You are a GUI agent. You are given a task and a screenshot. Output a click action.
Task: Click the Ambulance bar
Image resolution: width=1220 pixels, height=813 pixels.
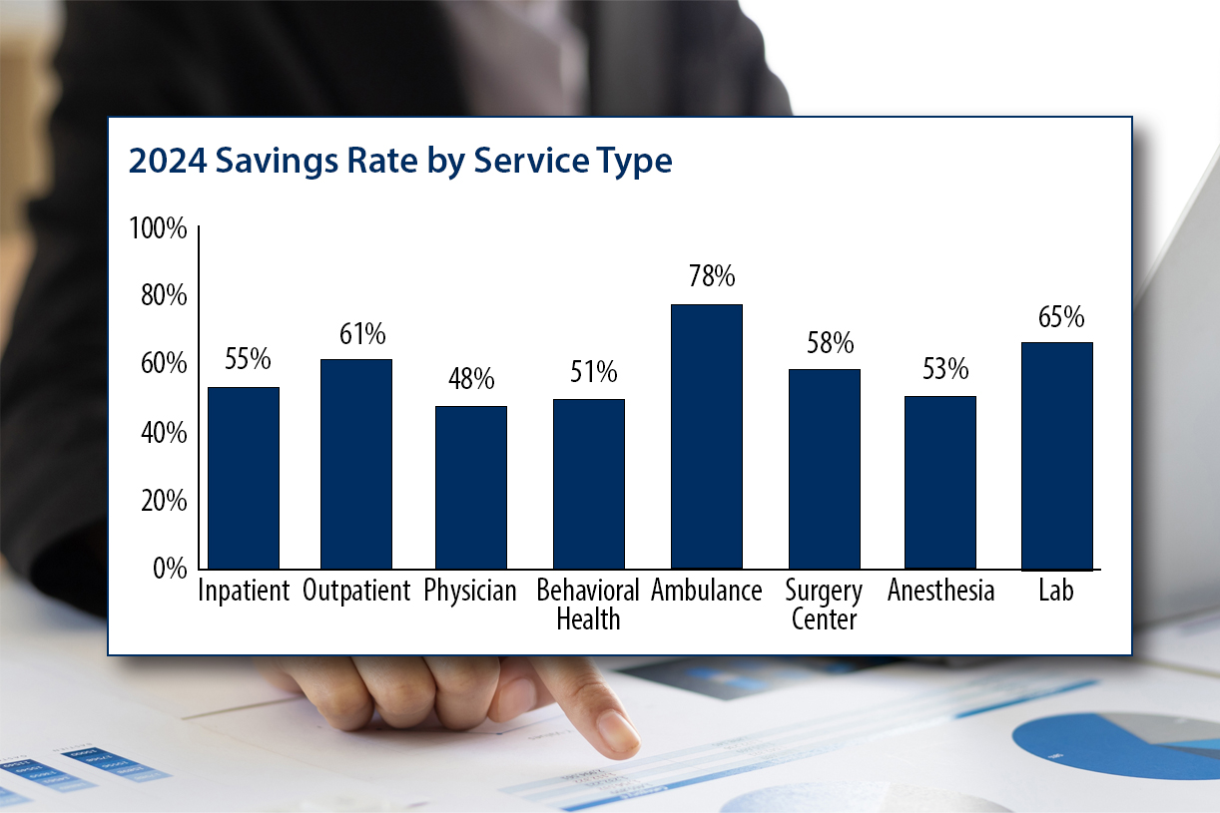(706, 436)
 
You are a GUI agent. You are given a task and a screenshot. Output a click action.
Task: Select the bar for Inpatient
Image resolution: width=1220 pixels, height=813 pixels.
(243, 478)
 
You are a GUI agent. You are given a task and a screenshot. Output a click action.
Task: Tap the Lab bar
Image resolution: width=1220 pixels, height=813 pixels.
(1057, 456)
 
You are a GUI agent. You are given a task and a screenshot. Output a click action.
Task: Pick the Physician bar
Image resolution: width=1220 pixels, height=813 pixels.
(470, 487)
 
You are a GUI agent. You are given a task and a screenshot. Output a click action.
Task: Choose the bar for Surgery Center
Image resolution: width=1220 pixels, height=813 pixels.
(824, 469)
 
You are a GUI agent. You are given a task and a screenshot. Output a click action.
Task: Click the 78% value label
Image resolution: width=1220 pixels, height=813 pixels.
(711, 275)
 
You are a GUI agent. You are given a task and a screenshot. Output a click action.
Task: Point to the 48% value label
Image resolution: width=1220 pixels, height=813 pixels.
(470, 379)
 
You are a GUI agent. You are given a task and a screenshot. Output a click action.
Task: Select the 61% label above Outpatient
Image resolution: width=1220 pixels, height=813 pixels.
(361, 333)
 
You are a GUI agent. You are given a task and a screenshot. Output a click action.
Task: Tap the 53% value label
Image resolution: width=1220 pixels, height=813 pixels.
(944, 369)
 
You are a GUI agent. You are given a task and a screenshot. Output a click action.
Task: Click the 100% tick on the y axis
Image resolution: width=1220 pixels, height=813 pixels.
(159, 229)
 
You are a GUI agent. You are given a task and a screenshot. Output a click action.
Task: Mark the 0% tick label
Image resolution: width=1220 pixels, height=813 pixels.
(170, 569)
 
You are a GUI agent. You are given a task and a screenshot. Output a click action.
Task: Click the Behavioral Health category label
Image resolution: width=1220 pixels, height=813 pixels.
(588, 604)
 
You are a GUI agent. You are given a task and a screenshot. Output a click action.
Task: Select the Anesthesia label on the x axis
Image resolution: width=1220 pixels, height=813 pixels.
(940, 591)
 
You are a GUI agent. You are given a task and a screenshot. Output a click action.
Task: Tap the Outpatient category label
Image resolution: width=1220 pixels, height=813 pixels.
(356, 591)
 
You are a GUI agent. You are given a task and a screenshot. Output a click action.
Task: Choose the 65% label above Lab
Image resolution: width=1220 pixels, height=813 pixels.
(1060, 317)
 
